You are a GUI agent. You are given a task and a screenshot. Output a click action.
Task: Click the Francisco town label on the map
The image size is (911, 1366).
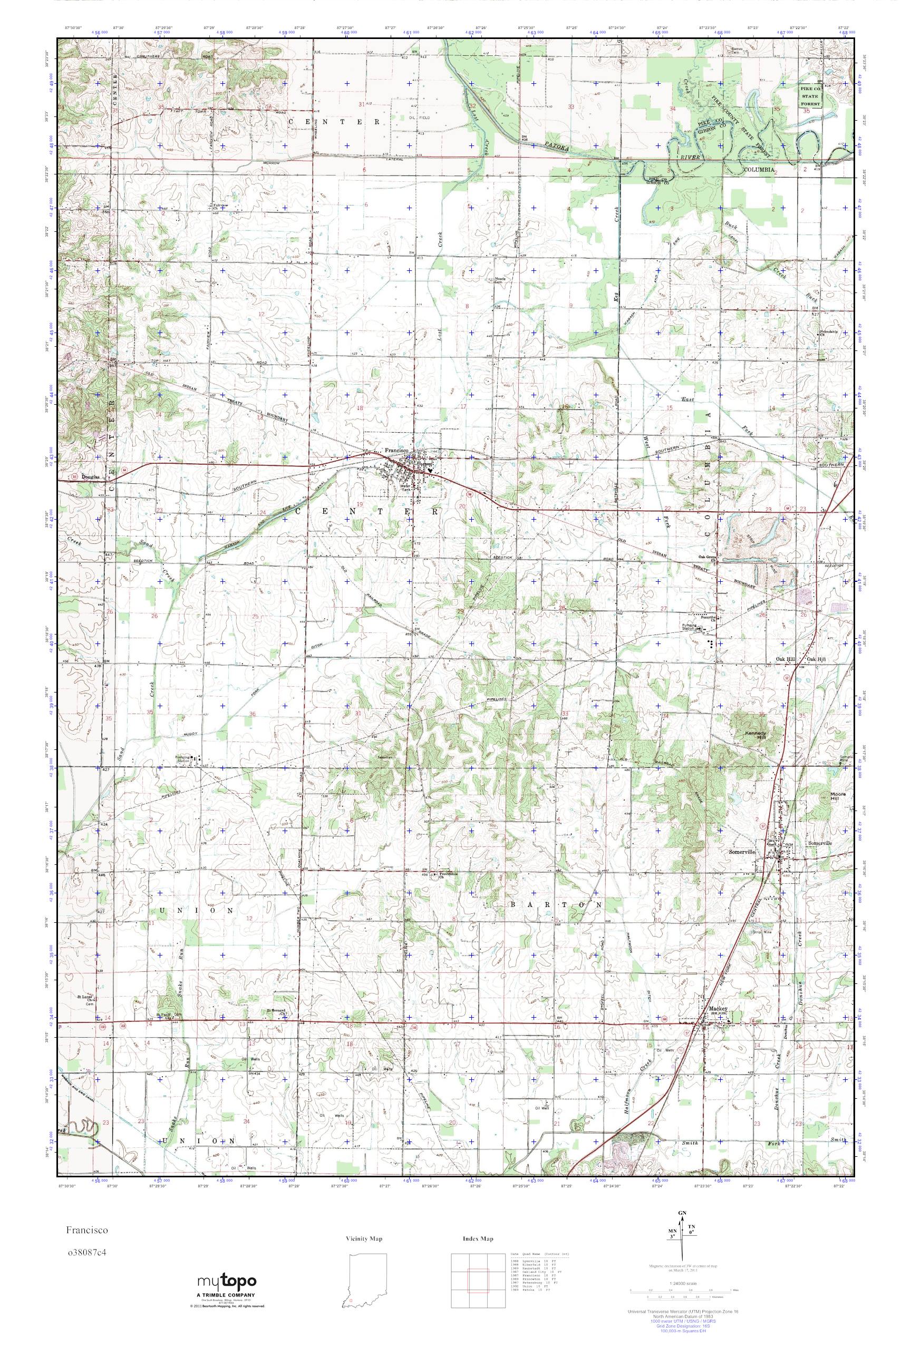click(394, 450)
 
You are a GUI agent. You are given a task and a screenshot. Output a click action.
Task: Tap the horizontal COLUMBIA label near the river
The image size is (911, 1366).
click(759, 169)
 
